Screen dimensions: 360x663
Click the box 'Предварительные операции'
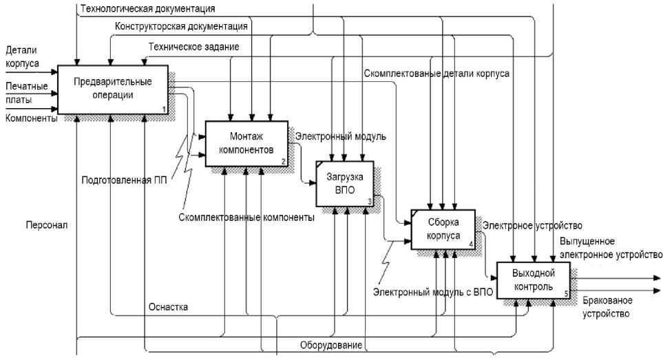(113, 89)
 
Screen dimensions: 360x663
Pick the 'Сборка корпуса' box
(442, 229)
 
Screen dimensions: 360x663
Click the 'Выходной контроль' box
(534, 280)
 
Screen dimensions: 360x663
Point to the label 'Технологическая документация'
(147, 9)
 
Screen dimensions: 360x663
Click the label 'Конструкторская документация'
(182, 27)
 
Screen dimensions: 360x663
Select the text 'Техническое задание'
(193, 46)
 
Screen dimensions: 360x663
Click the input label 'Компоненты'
(30, 118)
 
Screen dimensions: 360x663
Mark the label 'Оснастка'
(168, 306)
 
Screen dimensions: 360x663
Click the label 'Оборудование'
(330, 344)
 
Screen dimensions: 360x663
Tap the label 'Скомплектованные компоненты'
(246, 217)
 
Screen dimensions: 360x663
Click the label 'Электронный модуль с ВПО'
(433, 293)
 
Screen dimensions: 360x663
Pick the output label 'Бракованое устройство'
(607, 307)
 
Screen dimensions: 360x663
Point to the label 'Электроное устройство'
(533, 225)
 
